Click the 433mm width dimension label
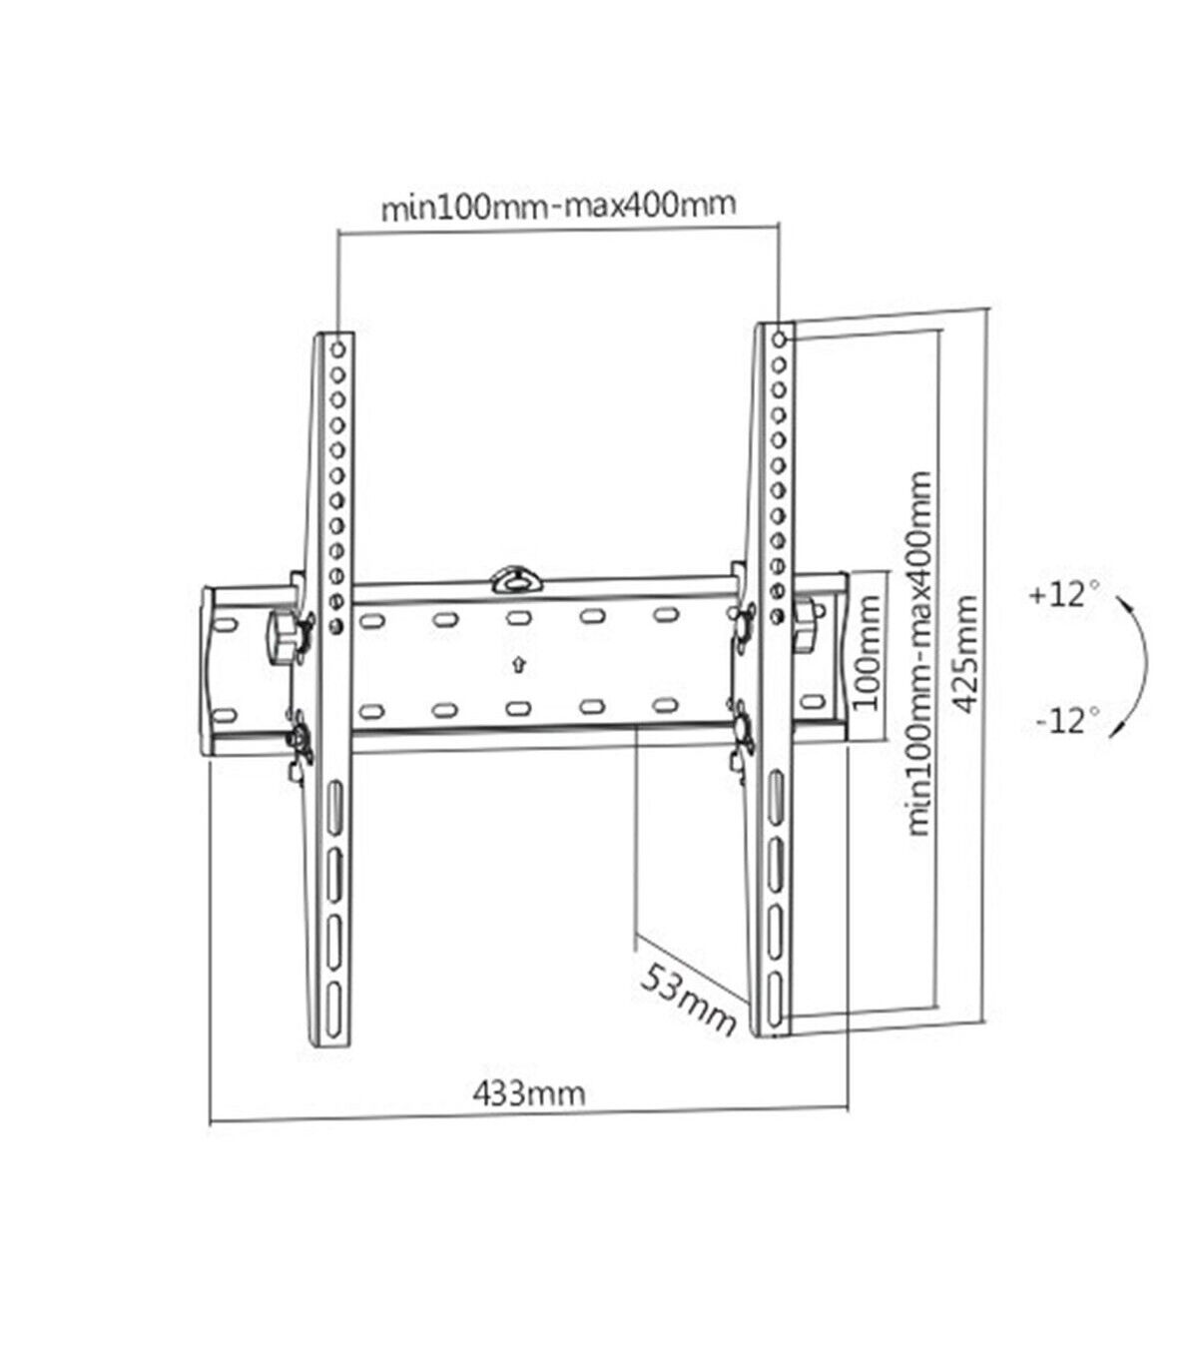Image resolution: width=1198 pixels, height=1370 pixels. pyautogui.click(x=529, y=1093)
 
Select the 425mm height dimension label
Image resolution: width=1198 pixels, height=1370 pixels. pyautogui.click(x=965, y=654)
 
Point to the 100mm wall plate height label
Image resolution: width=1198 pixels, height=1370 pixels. pyautogui.click(x=867, y=652)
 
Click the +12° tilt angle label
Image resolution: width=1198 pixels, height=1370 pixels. pyautogui.click(x=1065, y=594)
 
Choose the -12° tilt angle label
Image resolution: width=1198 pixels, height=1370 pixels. pyautogui.click(x=1068, y=721)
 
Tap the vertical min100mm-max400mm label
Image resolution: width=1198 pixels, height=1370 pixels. pyautogui.click(x=918, y=653)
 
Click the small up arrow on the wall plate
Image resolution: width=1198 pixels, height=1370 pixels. pyautogui.click(x=518, y=665)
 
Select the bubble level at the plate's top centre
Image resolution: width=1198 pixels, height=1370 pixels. pyautogui.click(x=515, y=579)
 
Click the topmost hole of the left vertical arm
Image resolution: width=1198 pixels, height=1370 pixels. pyautogui.click(x=338, y=348)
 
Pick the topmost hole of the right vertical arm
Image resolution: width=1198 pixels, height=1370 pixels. pyautogui.click(x=779, y=340)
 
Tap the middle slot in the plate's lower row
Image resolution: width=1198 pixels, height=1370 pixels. pyautogui.click(x=519, y=708)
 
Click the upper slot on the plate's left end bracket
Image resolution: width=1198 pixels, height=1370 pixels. pyautogui.click(x=225, y=625)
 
